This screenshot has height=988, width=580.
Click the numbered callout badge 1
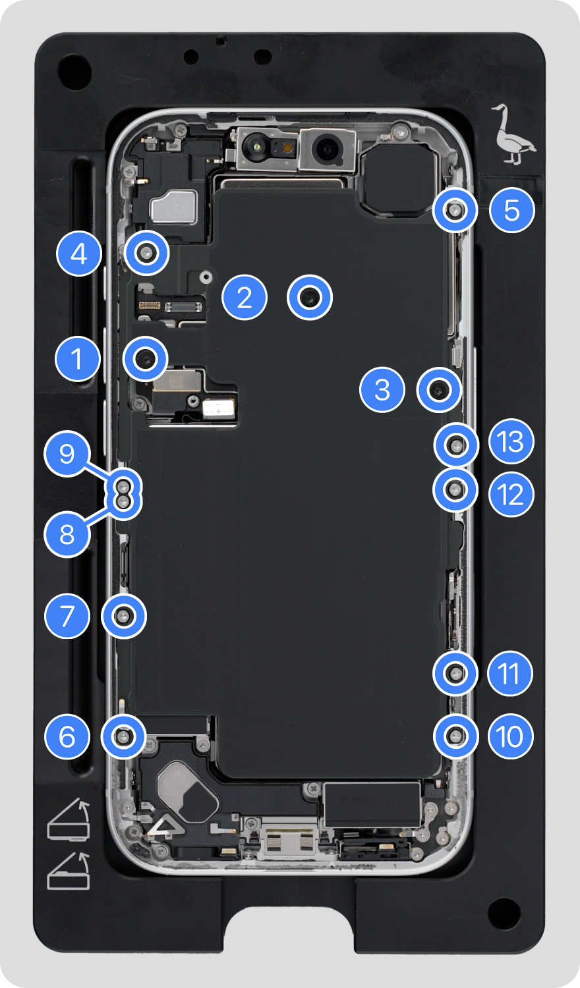click(x=78, y=359)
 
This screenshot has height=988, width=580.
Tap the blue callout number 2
click(x=245, y=298)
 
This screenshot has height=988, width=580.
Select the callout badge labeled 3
click(x=382, y=389)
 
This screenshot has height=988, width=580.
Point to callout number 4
click(x=79, y=254)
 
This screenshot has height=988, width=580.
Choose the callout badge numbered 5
click(x=512, y=210)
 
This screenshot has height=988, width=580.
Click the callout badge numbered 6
click(x=67, y=736)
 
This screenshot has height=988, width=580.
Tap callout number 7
click(x=67, y=617)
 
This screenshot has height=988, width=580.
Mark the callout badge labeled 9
click(x=67, y=454)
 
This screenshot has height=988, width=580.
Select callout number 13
click(x=511, y=442)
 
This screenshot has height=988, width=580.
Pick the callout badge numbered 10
click(x=509, y=736)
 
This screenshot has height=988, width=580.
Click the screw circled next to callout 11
click(x=455, y=673)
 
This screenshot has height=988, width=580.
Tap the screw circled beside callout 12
click(x=455, y=489)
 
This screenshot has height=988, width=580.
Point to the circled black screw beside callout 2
click(x=310, y=298)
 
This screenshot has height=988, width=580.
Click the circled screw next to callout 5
click(x=455, y=211)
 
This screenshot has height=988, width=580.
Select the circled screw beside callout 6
click(x=123, y=736)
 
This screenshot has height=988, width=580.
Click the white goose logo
click(x=513, y=135)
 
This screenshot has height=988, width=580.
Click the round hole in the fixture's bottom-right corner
click(x=504, y=913)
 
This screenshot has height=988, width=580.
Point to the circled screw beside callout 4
click(x=146, y=252)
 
